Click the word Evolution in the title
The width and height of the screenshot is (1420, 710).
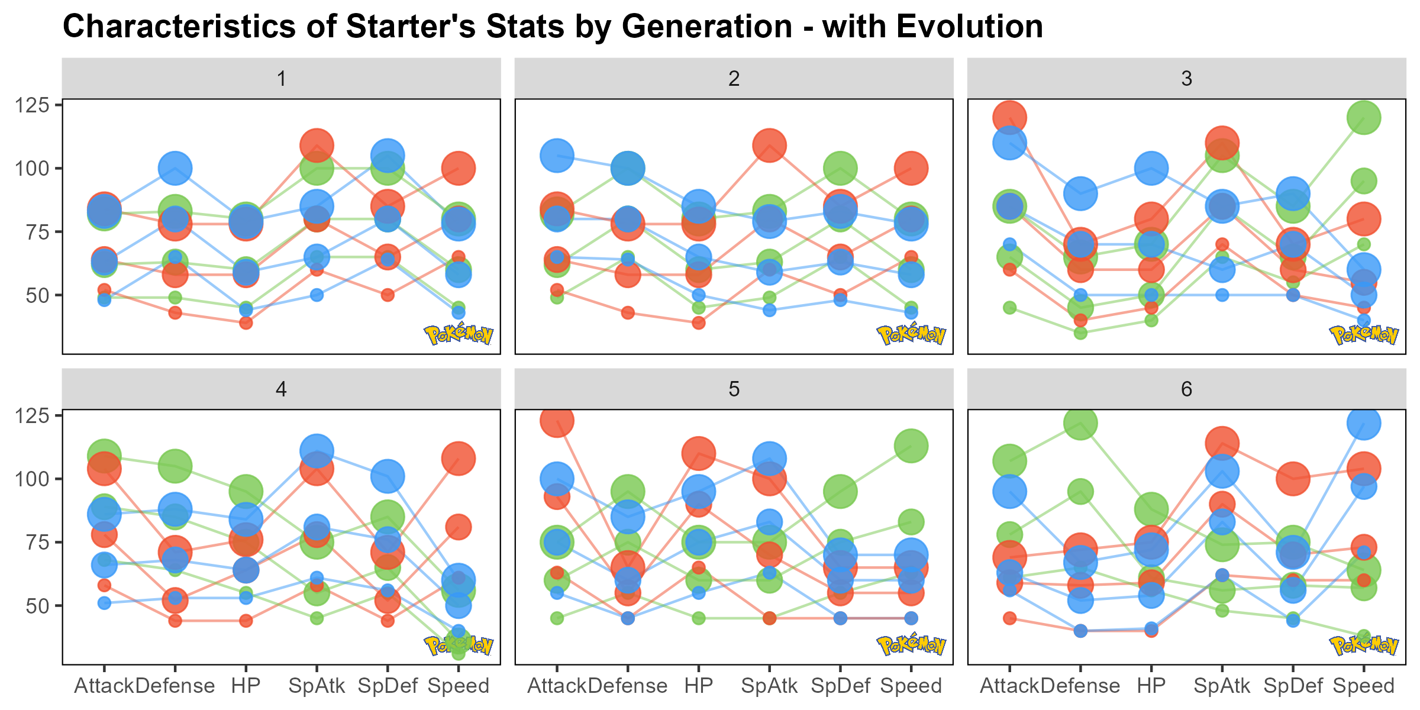[932, 27]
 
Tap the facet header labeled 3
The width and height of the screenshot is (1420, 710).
[1186, 79]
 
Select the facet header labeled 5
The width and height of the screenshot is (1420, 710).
[734, 389]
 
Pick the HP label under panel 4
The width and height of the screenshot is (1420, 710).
[246, 686]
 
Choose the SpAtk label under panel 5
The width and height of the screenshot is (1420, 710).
[769, 686]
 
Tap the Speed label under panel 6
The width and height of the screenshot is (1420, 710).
[1364, 686]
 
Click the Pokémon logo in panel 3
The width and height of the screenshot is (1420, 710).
[1364, 335]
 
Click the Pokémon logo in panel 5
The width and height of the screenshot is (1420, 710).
[911, 645]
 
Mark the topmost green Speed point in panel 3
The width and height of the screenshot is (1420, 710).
[1364, 118]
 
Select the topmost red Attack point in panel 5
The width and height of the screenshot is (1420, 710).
[557, 421]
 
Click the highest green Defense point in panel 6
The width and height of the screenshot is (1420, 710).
[1080, 423]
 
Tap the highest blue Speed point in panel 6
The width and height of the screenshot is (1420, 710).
[1364, 423]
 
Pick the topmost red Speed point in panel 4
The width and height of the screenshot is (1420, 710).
[459, 459]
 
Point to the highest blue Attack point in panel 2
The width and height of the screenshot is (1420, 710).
[557, 156]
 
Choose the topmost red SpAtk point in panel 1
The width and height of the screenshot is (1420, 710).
[317, 145]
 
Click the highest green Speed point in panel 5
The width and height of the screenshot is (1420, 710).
[911, 446]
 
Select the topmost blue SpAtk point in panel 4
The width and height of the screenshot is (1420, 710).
[317, 451]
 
